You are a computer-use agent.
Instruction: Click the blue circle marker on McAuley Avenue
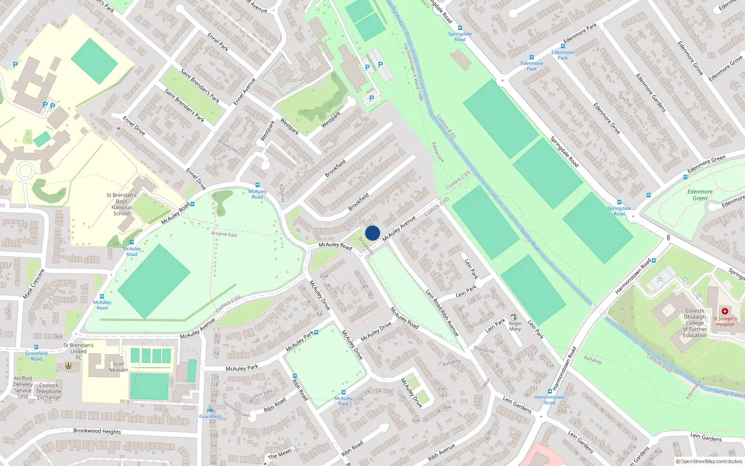point(372,233)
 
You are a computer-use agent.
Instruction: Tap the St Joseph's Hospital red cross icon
point(725,311)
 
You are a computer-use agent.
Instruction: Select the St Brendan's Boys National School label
point(122,205)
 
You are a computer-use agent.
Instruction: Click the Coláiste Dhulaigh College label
point(695,323)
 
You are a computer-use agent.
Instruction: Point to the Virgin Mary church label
point(515,326)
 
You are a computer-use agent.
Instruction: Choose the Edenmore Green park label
point(700,195)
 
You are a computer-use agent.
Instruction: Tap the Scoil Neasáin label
point(118,367)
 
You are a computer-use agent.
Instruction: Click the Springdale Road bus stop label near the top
point(460,36)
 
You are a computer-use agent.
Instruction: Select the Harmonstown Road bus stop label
point(550,400)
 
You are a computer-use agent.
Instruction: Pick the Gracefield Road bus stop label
point(36,356)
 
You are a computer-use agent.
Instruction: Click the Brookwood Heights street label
point(97,431)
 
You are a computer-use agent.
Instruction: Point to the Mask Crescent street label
point(34,284)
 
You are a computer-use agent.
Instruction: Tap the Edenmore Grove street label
point(690,58)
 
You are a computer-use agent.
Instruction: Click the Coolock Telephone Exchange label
point(49,391)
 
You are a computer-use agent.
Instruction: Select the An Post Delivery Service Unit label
point(23,388)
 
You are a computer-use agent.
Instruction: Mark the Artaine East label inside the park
point(224,234)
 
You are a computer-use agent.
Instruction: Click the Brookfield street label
point(335,168)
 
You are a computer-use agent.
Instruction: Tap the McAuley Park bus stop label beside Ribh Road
point(343,401)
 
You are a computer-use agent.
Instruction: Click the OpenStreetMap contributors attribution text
point(709,461)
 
